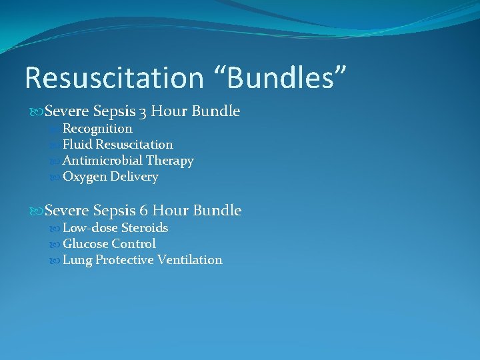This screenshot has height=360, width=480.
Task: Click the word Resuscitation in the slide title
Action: (113, 78)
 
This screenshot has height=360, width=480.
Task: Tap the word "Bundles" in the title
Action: (280, 78)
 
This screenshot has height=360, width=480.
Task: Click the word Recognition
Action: (97, 129)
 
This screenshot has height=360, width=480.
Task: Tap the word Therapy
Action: (171, 161)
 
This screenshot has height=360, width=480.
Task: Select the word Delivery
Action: (135, 177)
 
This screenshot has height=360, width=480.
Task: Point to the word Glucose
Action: (85, 244)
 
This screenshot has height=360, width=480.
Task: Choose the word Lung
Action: (77, 260)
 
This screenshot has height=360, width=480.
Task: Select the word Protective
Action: (125, 260)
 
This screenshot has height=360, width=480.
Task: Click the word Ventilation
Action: (190, 260)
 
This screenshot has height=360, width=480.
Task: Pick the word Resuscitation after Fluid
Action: (134, 145)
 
